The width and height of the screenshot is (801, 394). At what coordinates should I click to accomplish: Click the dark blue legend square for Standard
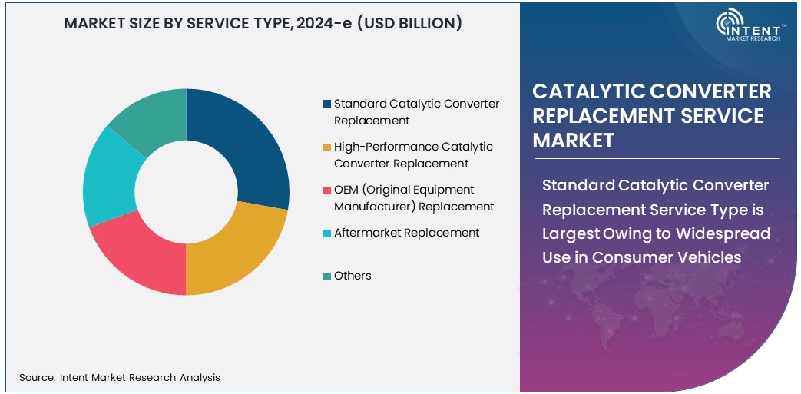328,104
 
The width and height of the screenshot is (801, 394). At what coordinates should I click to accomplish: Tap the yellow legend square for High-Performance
328,147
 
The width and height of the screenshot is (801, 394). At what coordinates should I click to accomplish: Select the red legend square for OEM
328,190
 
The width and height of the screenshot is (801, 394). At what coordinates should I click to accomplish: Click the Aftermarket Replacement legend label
406,233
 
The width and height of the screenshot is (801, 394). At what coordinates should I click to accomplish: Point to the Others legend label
353,276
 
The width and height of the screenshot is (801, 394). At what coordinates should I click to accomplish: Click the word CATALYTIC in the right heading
588,91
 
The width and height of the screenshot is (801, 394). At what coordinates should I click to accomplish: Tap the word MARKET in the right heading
573,141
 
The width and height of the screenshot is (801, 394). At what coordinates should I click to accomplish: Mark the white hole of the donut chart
187,191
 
